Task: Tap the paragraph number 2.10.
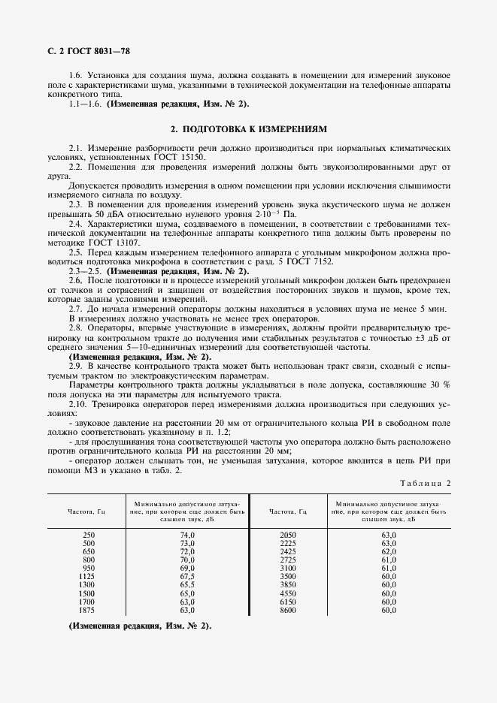[77, 404]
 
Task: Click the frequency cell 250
[88, 534]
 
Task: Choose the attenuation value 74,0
[186, 534]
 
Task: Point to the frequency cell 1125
[88, 576]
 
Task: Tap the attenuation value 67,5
[186, 576]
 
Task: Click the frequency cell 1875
[88, 611]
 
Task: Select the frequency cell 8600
[288, 611]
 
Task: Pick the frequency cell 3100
[288, 568]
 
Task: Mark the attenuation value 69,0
[186, 568]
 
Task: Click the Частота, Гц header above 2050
[288, 511]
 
